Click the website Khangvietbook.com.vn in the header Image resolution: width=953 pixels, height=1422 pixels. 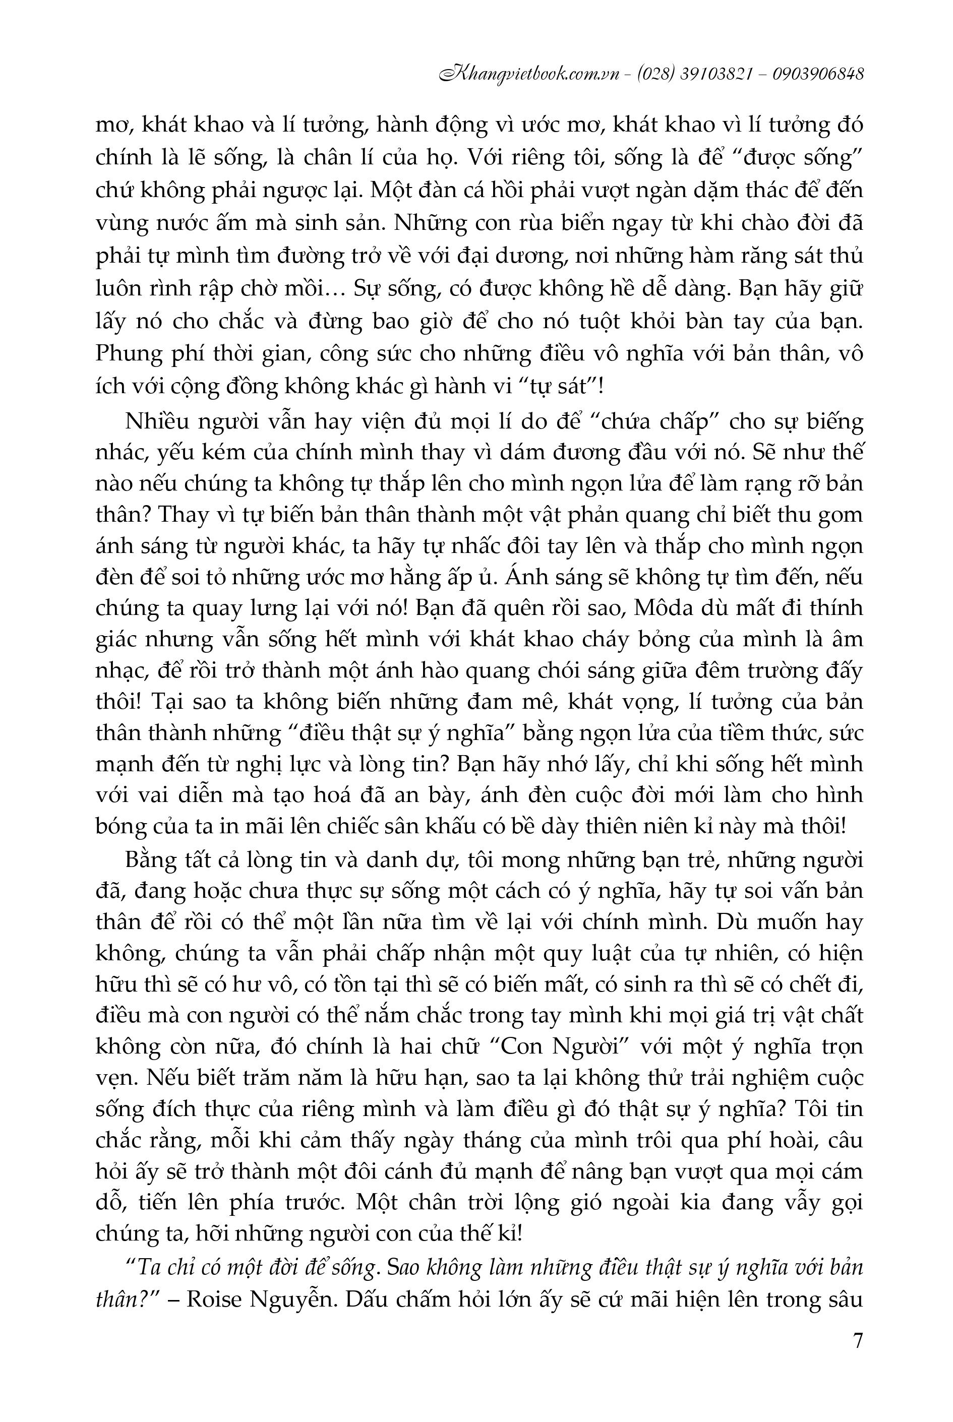click(533, 74)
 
